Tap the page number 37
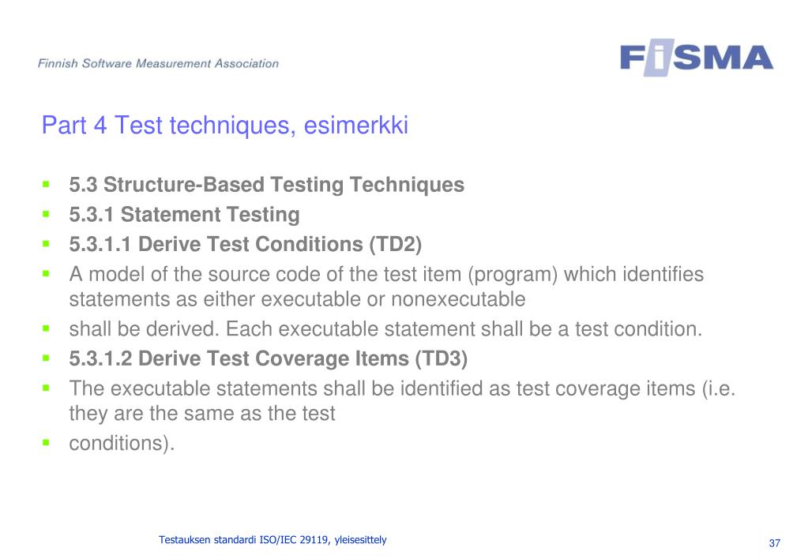775,543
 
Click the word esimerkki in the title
355,126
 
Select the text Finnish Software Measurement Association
158,63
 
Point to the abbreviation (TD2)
395,244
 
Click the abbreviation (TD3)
441,358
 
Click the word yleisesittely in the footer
360,541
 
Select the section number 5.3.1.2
100,358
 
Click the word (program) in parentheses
513,275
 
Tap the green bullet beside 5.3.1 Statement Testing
47,214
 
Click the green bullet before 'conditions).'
47,442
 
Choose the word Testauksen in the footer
185,540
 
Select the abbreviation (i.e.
718,389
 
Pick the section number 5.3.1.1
100,244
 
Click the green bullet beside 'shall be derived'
47,328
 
